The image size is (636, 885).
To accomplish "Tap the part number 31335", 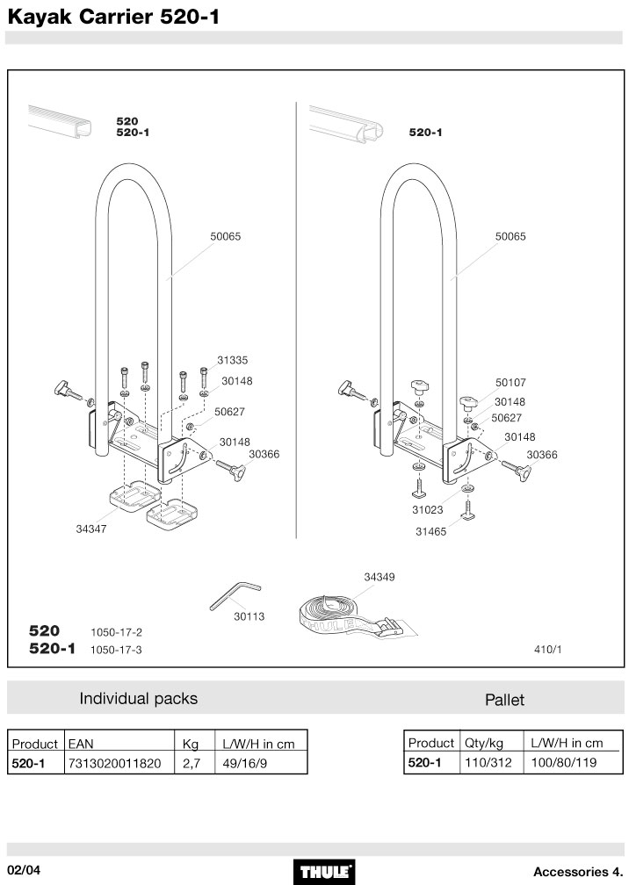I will pyautogui.click(x=232, y=360).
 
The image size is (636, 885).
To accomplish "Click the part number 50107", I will pyautogui.click(x=510, y=383).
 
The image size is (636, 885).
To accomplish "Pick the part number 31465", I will pyautogui.click(x=430, y=530).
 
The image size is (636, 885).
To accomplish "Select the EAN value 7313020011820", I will pyautogui.click(x=114, y=764).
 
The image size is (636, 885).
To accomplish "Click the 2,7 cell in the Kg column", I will pyautogui.click(x=192, y=764).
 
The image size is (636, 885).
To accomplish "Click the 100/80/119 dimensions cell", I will pyautogui.click(x=565, y=763).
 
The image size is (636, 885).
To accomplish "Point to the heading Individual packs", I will pyautogui.click(x=139, y=699).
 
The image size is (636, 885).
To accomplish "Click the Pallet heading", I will pyautogui.click(x=504, y=700).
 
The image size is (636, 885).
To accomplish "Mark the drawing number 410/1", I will pyautogui.click(x=547, y=651).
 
